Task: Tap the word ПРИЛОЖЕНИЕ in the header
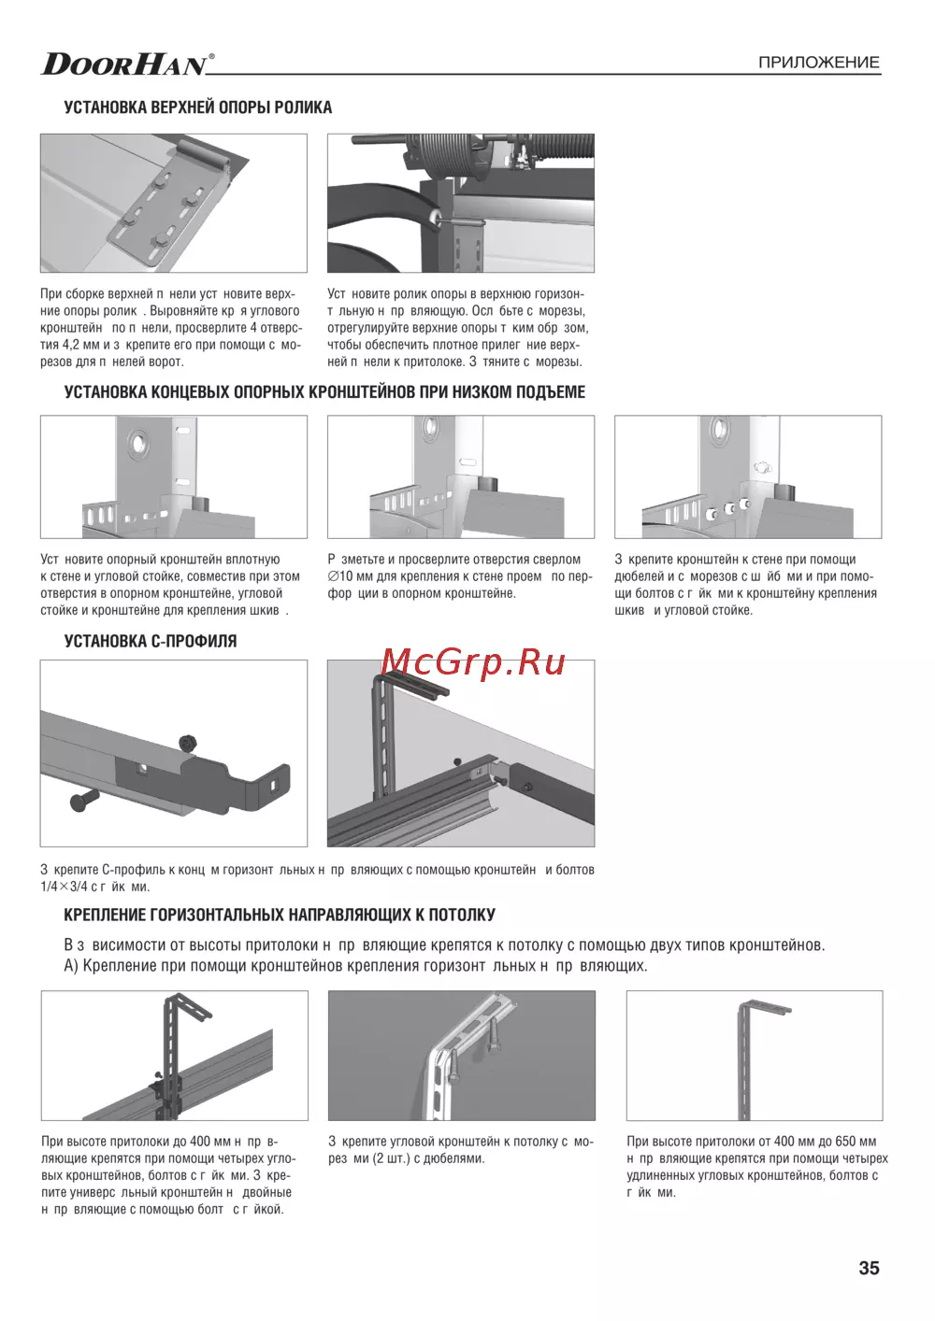[x=818, y=63]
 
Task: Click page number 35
[x=869, y=1268]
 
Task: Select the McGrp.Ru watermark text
[x=474, y=661]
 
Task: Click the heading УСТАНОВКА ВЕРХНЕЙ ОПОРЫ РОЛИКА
[x=197, y=107]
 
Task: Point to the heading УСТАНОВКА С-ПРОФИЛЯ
[x=150, y=641]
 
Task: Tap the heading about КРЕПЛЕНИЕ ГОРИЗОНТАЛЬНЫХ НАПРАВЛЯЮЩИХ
[x=280, y=915]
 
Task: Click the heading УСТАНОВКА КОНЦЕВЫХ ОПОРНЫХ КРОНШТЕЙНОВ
[x=324, y=391]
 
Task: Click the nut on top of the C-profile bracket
[x=187, y=742]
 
